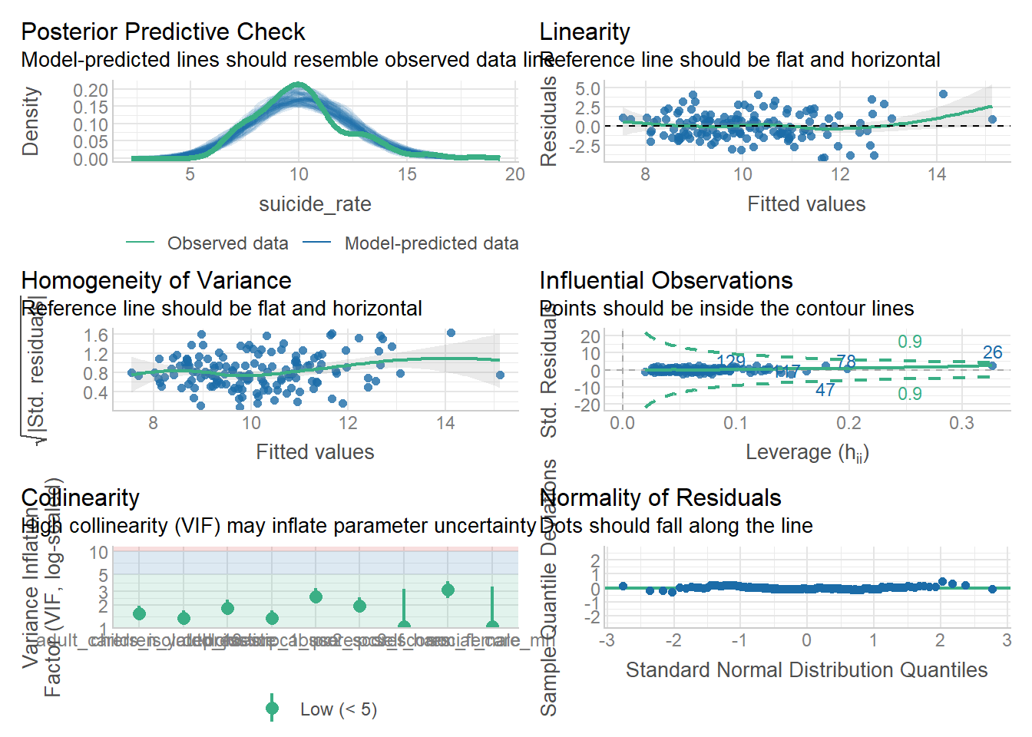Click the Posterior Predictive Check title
[x=163, y=32]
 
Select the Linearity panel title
[x=584, y=32]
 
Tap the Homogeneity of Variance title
[x=156, y=281]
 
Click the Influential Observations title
[x=666, y=281]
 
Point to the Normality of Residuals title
[x=660, y=498]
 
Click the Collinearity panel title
[x=80, y=498]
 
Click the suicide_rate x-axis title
[x=315, y=204]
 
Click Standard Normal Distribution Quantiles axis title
[x=806, y=670]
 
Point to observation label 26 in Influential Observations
[x=992, y=352]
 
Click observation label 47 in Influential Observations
[x=825, y=390]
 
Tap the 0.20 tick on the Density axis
[x=91, y=91]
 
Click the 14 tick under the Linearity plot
[x=937, y=174]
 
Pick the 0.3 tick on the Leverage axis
[x=961, y=423]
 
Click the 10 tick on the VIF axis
[x=98, y=553]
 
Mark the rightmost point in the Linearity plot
[x=992, y=120]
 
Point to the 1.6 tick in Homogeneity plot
[x=96, y=335]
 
